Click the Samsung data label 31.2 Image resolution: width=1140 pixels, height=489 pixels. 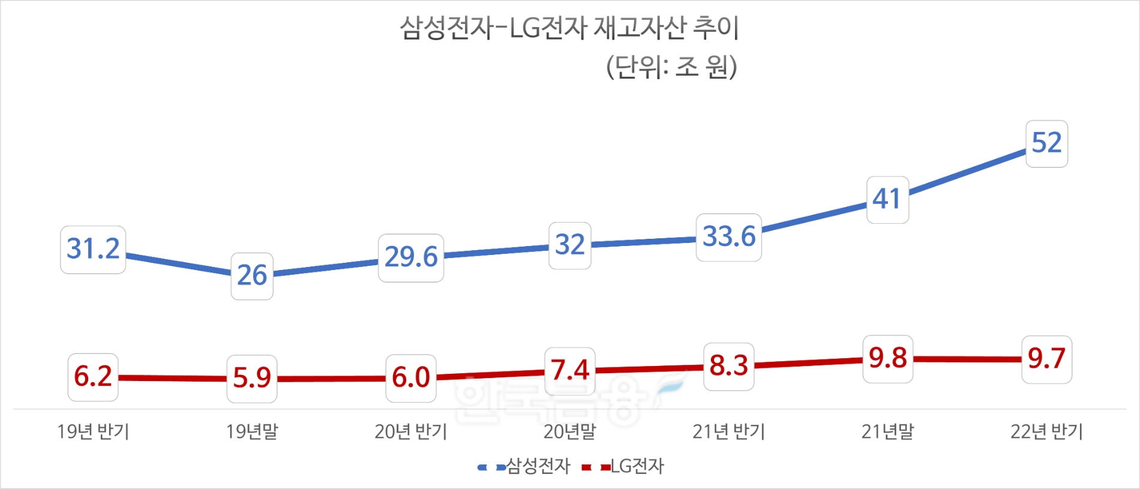coord(93,250)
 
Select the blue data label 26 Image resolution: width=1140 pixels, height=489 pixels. coord(252,276)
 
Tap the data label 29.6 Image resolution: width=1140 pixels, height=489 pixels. coord(411,257)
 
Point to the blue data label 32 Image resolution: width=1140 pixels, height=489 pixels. coord(570,245)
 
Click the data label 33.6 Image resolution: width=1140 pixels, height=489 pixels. coord(729,237)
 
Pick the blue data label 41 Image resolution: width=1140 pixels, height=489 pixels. coord(887,200)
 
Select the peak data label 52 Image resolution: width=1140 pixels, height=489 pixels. coord(1046,143)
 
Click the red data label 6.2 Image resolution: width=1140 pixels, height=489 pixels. coord(93,377)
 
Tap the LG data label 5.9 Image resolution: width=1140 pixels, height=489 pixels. coord(252,379)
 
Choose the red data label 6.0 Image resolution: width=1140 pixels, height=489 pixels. coord(411,378)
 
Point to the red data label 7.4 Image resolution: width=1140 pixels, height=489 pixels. coord(570,371)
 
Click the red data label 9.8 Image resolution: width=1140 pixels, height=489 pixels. coord(887,359)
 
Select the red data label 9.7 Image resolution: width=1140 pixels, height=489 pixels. coord(1046,359)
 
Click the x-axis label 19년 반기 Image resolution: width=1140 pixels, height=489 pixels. coord(93,431)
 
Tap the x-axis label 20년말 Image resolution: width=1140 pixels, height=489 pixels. coord(570,431)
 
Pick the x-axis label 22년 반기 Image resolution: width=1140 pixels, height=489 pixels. coord(1046,431)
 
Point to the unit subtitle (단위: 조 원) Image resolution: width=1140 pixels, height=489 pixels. coord(671,67)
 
